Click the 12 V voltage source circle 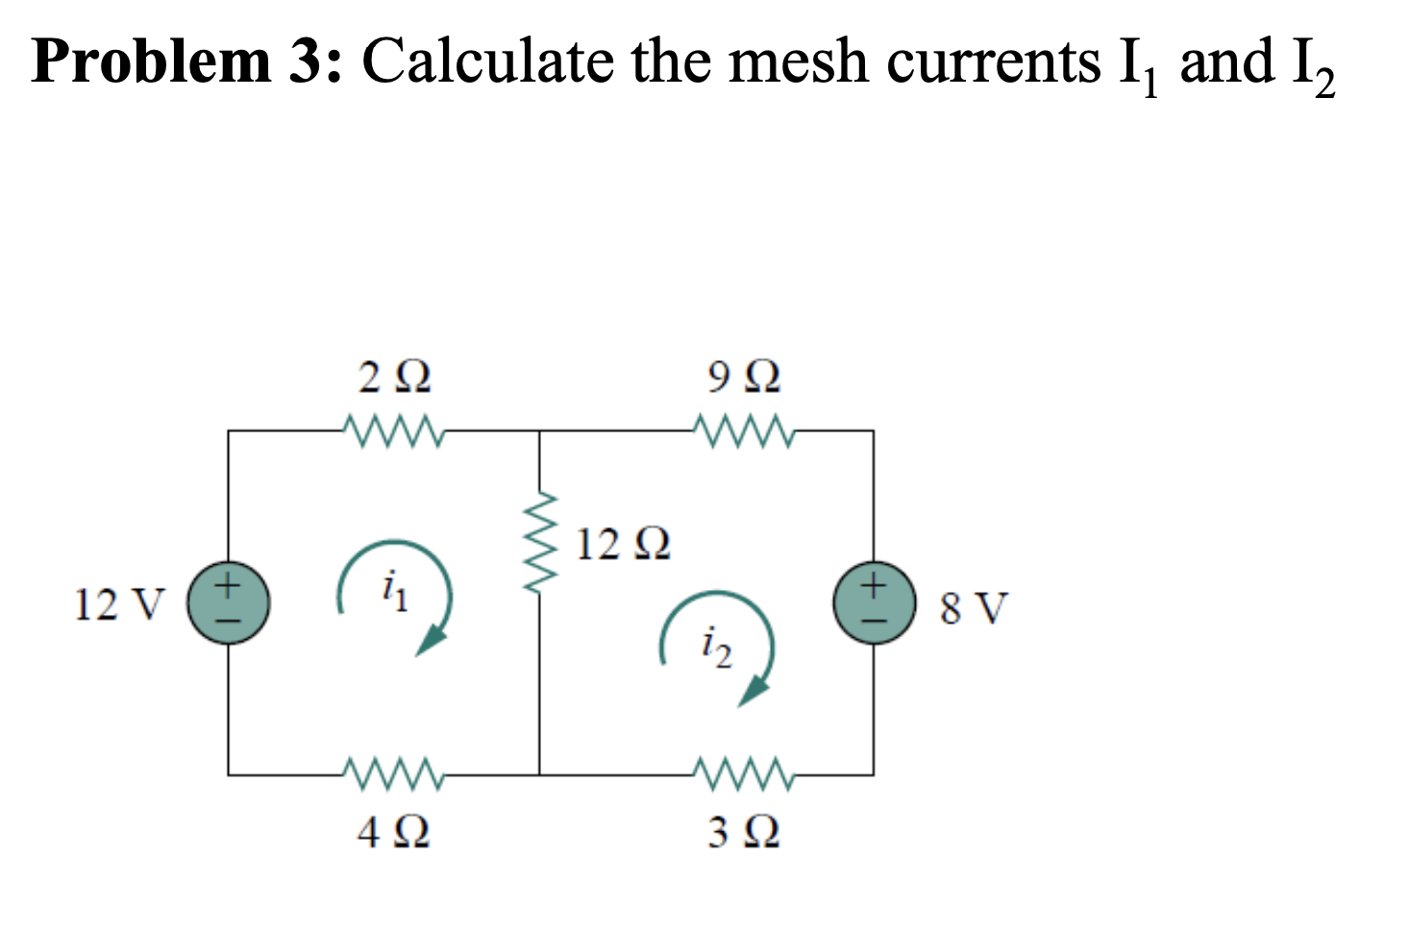coord(228,603)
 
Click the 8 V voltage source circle coord(873,603)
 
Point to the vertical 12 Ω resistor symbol coord(539,545)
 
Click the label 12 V coord(119,605)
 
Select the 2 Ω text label coord(394,378)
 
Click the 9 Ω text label coord(744,378)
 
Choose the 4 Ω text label coord(394,831)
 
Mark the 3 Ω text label coord(744,831)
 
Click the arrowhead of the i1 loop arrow coord(432,640)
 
